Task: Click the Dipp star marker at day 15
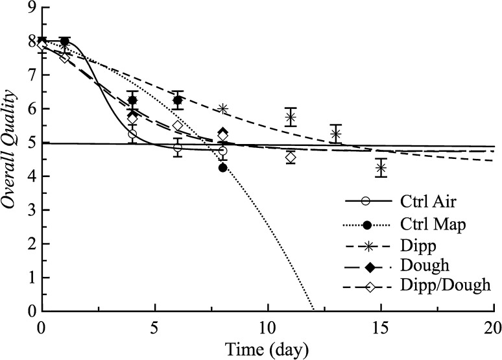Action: coord(381,168)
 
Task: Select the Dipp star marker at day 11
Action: coord(291,117)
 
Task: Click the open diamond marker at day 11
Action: coord(291,157)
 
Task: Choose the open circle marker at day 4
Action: coord(132,134)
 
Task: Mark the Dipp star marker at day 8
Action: coord(222,109)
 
